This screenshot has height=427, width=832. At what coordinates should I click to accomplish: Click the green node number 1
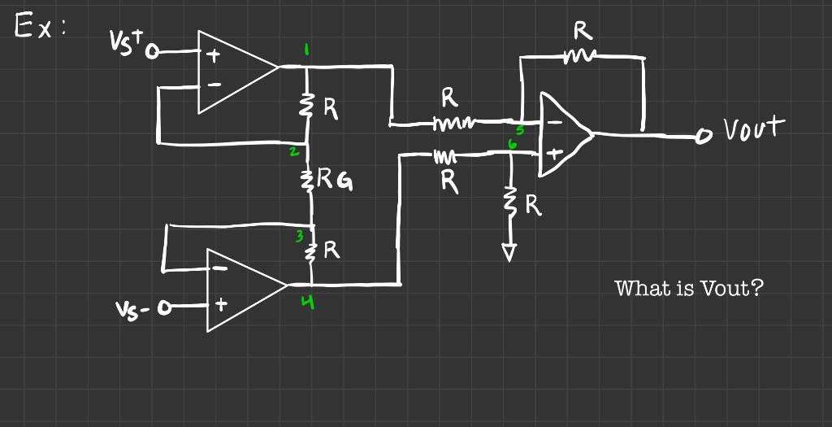[x=306, y=50]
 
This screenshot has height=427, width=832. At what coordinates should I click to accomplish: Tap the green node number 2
[x=296, y=152]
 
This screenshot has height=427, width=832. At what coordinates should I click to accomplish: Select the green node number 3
[x=299, y=237]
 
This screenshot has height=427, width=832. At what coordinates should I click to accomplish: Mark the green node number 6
[x=512, y=143]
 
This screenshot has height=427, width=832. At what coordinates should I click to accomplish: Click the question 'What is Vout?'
[x=689, y=288]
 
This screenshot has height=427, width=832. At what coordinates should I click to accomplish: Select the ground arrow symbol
[x=509, y=254]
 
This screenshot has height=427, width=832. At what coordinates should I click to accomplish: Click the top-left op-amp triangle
[x=232, y=72]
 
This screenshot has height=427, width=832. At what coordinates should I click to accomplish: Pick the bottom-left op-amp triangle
[x=240, y=289]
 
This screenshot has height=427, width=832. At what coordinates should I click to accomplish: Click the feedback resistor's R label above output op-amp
[x=581, y=31]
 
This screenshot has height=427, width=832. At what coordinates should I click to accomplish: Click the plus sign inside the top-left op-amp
[x=214, y=58]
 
